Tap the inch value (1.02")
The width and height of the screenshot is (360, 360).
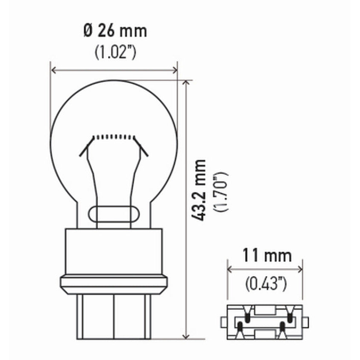(x=114, y=52)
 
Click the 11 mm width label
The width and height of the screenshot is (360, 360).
(x=267, y=256)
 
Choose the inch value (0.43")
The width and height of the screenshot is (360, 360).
(x=266, y=283)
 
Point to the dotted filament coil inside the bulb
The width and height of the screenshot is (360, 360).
(x=114, y=137)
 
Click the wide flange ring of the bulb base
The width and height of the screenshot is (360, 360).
(x=114, y=284)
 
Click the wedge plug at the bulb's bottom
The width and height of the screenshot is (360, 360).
(x=114, y=316)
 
